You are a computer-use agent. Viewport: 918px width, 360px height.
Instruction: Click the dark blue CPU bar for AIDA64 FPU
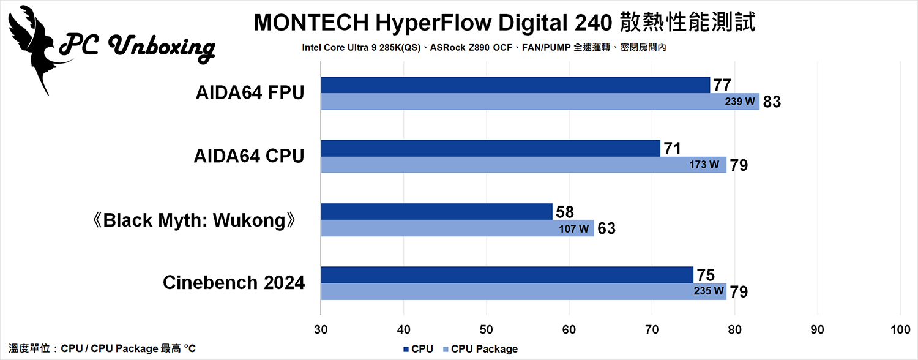point(514,85)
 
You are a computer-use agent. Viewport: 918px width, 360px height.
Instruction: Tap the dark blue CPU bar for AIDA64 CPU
point(490,148)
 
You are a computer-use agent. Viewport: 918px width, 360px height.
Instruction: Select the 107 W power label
point(574,229)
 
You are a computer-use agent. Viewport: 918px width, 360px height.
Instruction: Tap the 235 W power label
point(709,291)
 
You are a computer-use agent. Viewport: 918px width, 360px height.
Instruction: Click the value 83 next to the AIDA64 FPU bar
point(772,102)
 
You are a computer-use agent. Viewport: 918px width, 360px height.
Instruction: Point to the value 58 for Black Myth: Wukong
point(565,212)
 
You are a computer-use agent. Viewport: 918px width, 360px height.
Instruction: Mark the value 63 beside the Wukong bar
point(606,229)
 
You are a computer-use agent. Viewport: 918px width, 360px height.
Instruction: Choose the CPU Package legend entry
point(480,349)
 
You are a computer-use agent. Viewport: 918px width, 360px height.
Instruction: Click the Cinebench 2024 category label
point(234,283)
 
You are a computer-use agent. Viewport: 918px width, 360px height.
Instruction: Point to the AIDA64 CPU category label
point(249,157)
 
